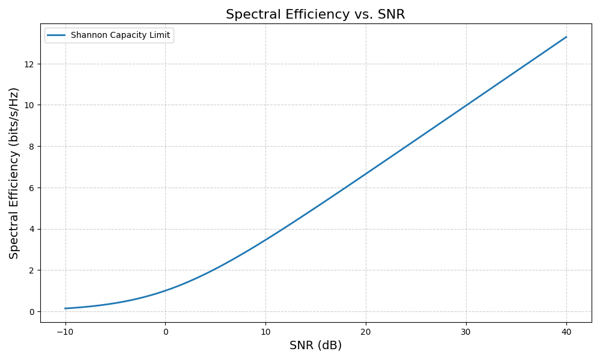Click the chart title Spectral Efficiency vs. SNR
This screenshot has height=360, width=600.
tap(315, 14)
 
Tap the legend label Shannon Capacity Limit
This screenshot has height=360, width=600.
tap(120, 35)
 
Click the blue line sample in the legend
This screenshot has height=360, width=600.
tap(56, 35)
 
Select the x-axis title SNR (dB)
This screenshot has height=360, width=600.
tap(315, 346)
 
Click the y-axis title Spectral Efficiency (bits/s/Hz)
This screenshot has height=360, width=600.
tap(14, 173)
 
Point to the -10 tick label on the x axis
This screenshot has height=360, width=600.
tap(65, 331)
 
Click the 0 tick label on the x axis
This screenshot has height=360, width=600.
tap(166, 331)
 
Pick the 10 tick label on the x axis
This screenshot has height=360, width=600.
tap(265, 331)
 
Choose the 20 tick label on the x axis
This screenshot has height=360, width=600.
tap(366, 331)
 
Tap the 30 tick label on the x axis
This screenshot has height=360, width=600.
tap(466, 331)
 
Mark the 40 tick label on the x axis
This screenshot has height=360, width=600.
tap(566, 331)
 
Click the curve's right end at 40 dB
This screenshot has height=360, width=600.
tap(566, 37)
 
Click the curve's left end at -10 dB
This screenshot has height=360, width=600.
tap(65, 308)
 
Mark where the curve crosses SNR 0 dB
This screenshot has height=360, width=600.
tap(166, 291)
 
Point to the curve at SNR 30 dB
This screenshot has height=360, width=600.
tap(466, 106)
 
